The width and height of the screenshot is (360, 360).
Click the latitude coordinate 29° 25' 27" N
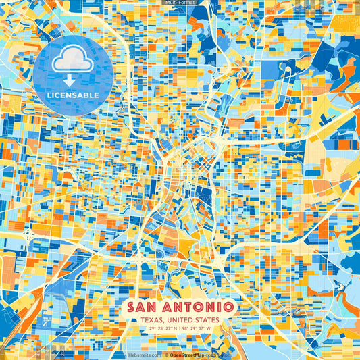158,328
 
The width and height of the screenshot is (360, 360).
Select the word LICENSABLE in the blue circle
72,94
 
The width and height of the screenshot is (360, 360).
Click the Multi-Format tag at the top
180,3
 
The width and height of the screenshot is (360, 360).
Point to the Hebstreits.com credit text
144,355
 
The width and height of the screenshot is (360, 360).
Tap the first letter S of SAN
130,307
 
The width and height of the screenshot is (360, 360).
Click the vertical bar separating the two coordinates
178,328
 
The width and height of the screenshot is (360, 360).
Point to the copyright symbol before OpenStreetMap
166,355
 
